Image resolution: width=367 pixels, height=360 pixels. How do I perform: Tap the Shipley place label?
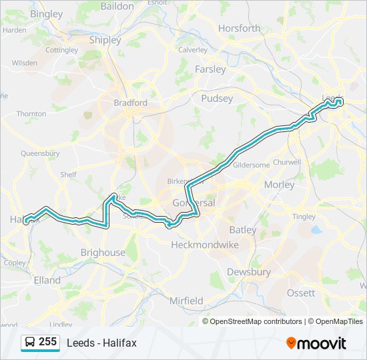(105, 39)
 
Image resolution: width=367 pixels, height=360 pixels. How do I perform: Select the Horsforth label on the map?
(240, 29)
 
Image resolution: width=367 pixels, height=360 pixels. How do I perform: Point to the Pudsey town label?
(217, 99)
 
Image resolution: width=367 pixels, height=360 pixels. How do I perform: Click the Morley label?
(279, 185)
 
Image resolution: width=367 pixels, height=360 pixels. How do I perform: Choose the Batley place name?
(242, 229)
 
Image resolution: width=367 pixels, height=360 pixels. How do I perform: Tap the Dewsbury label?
(249, 272)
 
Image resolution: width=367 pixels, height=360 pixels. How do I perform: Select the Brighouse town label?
(103, 253)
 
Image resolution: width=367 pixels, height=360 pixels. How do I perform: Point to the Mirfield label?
(186, 301)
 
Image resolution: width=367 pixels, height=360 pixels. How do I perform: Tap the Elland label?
(47, 281)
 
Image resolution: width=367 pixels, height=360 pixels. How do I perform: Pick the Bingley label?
(46, 13)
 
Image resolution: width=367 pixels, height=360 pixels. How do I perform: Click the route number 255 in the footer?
(47, 341)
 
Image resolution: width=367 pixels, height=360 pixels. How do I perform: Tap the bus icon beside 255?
(30, 342)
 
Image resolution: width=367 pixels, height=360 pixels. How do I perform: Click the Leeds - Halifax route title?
(101, 343)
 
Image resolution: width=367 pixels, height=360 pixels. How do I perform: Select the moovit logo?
(316, 343)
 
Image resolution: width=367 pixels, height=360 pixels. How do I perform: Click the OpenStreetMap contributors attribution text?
(256, 321)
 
